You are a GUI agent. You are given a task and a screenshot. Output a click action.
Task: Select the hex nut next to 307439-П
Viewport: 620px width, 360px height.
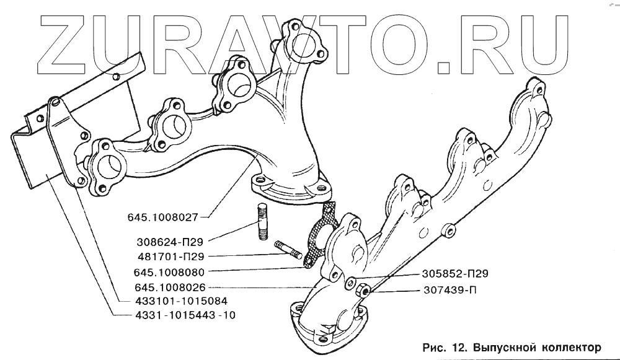pos(366,289)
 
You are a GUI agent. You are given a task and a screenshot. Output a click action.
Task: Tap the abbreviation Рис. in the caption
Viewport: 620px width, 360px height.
pos(431,346)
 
